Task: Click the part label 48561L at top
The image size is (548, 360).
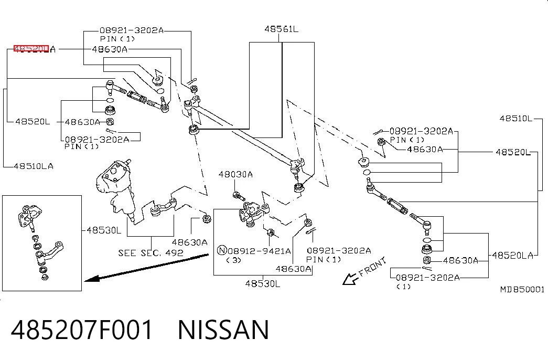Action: pos(281,29)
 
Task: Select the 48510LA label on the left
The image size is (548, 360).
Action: pos(34,166)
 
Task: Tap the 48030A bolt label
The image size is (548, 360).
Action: pos(235,174)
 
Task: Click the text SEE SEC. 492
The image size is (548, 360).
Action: pos(151,252)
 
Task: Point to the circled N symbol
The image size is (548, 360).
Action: pos(222,250)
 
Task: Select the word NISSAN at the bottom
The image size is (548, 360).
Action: pos(223,330)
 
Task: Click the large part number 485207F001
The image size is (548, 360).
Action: pos(82,330)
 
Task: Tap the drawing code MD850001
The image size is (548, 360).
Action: pos(522,289)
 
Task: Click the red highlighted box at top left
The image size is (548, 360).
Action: pos(31,48)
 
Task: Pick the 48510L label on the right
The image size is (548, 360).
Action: pos(516,118)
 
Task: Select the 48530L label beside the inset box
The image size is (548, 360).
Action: pos(104,230)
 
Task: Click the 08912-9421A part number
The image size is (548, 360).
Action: pos(260,251)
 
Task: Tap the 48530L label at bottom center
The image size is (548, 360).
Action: pos(263,283)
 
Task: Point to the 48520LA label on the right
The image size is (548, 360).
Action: pos(513,256)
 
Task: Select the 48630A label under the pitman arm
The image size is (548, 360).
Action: pos(189,242)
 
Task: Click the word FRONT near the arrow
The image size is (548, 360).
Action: pos(373,267)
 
